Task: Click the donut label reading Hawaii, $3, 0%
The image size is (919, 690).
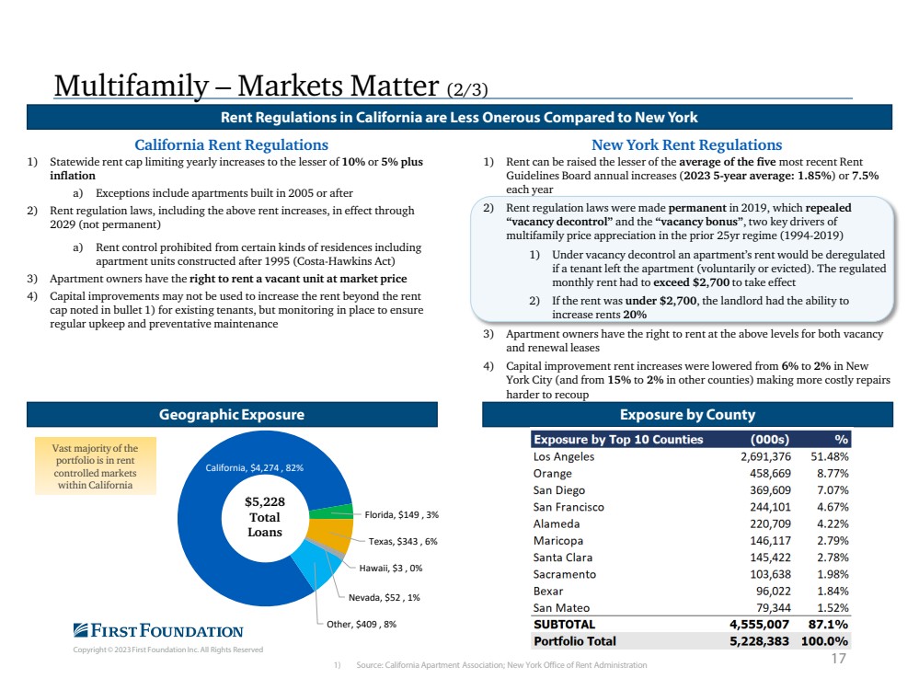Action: click(x=390, y=568)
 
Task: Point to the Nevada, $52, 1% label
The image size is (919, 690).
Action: click(x=384, y=597)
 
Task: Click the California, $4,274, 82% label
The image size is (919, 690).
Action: click(x=255, y=467)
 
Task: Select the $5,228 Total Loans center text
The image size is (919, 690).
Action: click(x=265, y=517)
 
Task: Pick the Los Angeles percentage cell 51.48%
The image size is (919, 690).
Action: click(x=830, y=456)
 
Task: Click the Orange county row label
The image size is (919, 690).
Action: click(x=552, y=473)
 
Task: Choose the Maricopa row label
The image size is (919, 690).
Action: click(x=558, y=541)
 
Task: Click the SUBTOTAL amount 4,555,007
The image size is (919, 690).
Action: click(x=759, y=625)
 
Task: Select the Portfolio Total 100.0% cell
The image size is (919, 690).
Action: click(x=824, y=641)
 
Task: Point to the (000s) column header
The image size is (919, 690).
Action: click(x=770, y=439)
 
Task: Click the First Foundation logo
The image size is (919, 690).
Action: click(x=158, y=631)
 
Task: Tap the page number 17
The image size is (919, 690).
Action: click(x=839, y=659)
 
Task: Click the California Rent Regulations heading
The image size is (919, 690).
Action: click(x=232, y=144)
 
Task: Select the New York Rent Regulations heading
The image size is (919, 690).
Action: click(x=687, y=144)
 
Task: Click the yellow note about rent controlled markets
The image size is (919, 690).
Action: click(x=96, y=466)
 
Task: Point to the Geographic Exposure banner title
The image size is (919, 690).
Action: click(x=232, y=415)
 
